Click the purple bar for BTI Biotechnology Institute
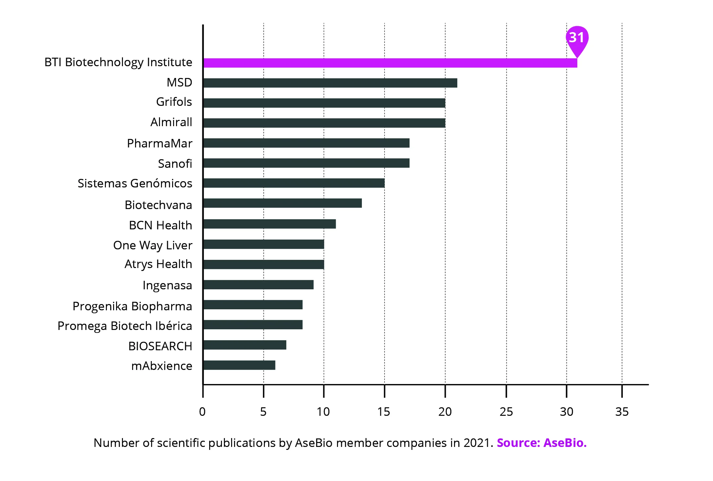point(390,63)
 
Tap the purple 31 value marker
point(577,38)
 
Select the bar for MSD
point(330,83)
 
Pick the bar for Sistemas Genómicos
point(294,183)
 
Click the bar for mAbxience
point(239,365)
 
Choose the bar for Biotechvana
point(283,203)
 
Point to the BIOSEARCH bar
point(245,345)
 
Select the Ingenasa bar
point(258,285)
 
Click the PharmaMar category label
point(160,144)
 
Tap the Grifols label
point(174,102)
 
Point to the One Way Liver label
point(153,245)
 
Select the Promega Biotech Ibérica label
point(125,326)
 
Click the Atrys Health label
point(158,264)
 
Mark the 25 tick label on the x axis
point(506,412)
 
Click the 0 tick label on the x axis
point(202,412)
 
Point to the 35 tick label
point(622,412)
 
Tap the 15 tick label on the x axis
point(384,412)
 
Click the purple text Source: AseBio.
point(542,443)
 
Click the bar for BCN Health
point(269,224)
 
